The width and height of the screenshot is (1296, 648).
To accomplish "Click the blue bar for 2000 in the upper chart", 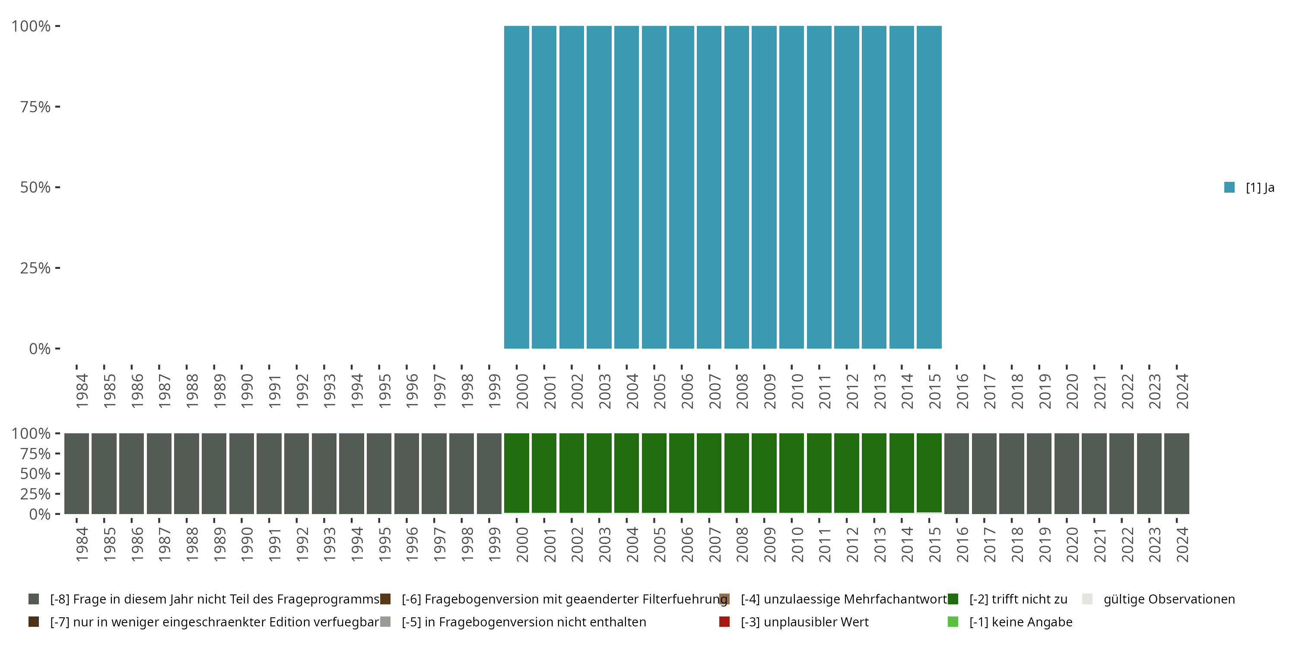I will pyautogui.click(x=517, y=187).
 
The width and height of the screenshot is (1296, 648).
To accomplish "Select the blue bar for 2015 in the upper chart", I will pyautogui.click(x=929, y=187).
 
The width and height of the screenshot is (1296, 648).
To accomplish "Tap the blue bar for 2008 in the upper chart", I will pyautogui.click(x=737, y=187).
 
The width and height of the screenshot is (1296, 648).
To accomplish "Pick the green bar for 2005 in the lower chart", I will pyautogui.click(x=654, y=473).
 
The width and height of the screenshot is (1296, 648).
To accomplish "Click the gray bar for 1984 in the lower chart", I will pyautogui.click(x=76, y=473).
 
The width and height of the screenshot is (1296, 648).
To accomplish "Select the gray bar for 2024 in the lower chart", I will pyautogui.click(x=1176, y=473).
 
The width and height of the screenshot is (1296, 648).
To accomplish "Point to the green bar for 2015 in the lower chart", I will pyautogui.click(x=929, y=473).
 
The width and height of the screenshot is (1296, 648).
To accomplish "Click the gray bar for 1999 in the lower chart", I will pyautogui.click(x=489, y=473).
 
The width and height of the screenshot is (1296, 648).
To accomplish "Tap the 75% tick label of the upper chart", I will pyautogui.click(x=35, y=107).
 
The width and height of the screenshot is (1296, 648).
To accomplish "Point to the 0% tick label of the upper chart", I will pyautogui.click(x=40, y=349).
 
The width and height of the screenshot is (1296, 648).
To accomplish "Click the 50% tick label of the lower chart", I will pyautogui.click(x=35, y=474).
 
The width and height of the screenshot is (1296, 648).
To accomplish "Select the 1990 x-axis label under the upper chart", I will pyautogui.click(x=247, y=391).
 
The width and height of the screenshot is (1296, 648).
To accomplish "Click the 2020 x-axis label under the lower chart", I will pyautogui.click(x=1072, y=545).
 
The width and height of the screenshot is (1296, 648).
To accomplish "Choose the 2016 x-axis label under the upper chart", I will pyautogui.click(x=962, y=391).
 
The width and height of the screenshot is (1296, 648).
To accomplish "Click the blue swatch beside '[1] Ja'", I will pyautogui.click(x=1229, y=187).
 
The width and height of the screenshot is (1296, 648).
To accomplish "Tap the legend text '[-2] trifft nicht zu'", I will pyautogui.click(x=1018, y=599).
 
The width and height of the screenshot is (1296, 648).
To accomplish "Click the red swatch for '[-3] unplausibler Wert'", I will pyautogui.click(x=724, y=622).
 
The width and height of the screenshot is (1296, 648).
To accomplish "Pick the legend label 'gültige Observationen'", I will pyautogui.click(x=1169, y=599).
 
